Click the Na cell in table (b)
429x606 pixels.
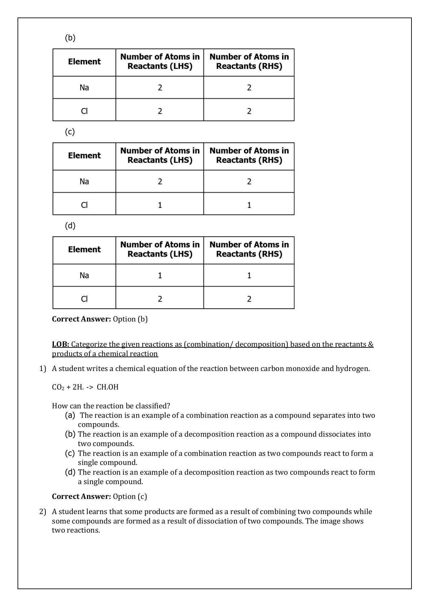pyautogui.click(x=84, y=88)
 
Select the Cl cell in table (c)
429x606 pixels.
pyautogui.click(x=84, y=205)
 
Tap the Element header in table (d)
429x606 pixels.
pyautogui.click(x=84, y=249)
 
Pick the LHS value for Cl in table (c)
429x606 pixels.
pyautogui.click(x=160, y=205)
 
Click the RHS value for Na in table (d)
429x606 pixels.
pyautogui.click(x=249, y=275)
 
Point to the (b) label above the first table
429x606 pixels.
pyautogui.click(x=70, y=38)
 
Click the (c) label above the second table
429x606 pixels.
pyautogui.click(x=70, y=132)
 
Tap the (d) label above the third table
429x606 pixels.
pyautogui.click(x=70, y=226)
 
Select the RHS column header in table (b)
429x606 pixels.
pyautogui.click(x=249, y=62)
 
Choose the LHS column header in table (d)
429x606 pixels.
pyautogui.click(x=160, y=249)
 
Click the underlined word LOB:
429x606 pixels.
pyautogui.click(x=61, y=344)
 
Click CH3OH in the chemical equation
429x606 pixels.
pyautogui.click(x=108, y=387)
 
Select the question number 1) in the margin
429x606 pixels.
pyautogui.click(x=42, y=369)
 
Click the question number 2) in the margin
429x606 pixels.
pyautogui.click(x=42, y=512)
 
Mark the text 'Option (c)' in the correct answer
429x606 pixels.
pyautogui.click(x=130, y=497)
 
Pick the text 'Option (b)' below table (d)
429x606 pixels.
pyautogui.click(x=130, y=319)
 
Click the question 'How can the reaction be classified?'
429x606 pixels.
pyautogui.click(x=111, y=406)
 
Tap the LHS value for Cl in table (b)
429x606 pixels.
pyautogui.click(x=160, y=111)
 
